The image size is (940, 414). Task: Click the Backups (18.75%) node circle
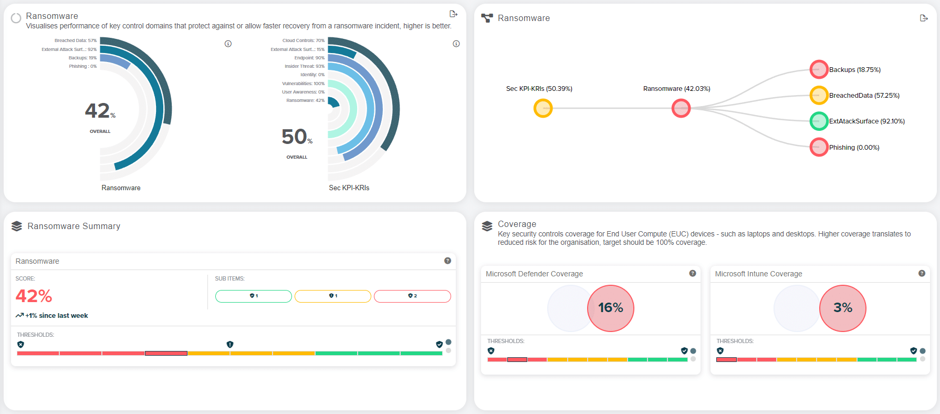(819, 69)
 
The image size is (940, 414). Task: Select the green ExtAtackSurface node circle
(819, 121)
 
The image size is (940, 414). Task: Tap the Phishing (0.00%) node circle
(819, 147)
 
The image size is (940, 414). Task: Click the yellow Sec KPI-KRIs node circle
(543, 108)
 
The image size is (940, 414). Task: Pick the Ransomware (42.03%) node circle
(681, 108)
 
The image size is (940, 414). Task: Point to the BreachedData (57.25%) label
(864, 96)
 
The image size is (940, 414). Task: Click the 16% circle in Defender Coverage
(610, 308)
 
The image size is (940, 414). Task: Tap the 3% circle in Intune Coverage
(842, 308)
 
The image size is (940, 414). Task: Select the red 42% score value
(34, 296)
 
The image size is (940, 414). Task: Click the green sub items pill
(253, 296)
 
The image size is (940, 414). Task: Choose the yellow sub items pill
(333, 296)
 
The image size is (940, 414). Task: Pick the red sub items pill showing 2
(412, 296)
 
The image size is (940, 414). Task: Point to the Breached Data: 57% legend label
(76, 40)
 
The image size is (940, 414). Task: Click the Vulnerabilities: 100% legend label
(303, 84)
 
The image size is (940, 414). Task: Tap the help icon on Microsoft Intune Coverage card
(922, 273)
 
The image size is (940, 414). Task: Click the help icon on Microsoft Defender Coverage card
(693, 273)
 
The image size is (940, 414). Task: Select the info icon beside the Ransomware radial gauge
(228, 44)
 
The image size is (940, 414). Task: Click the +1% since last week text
(56, 316)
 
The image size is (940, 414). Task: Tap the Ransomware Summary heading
(74, 226)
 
